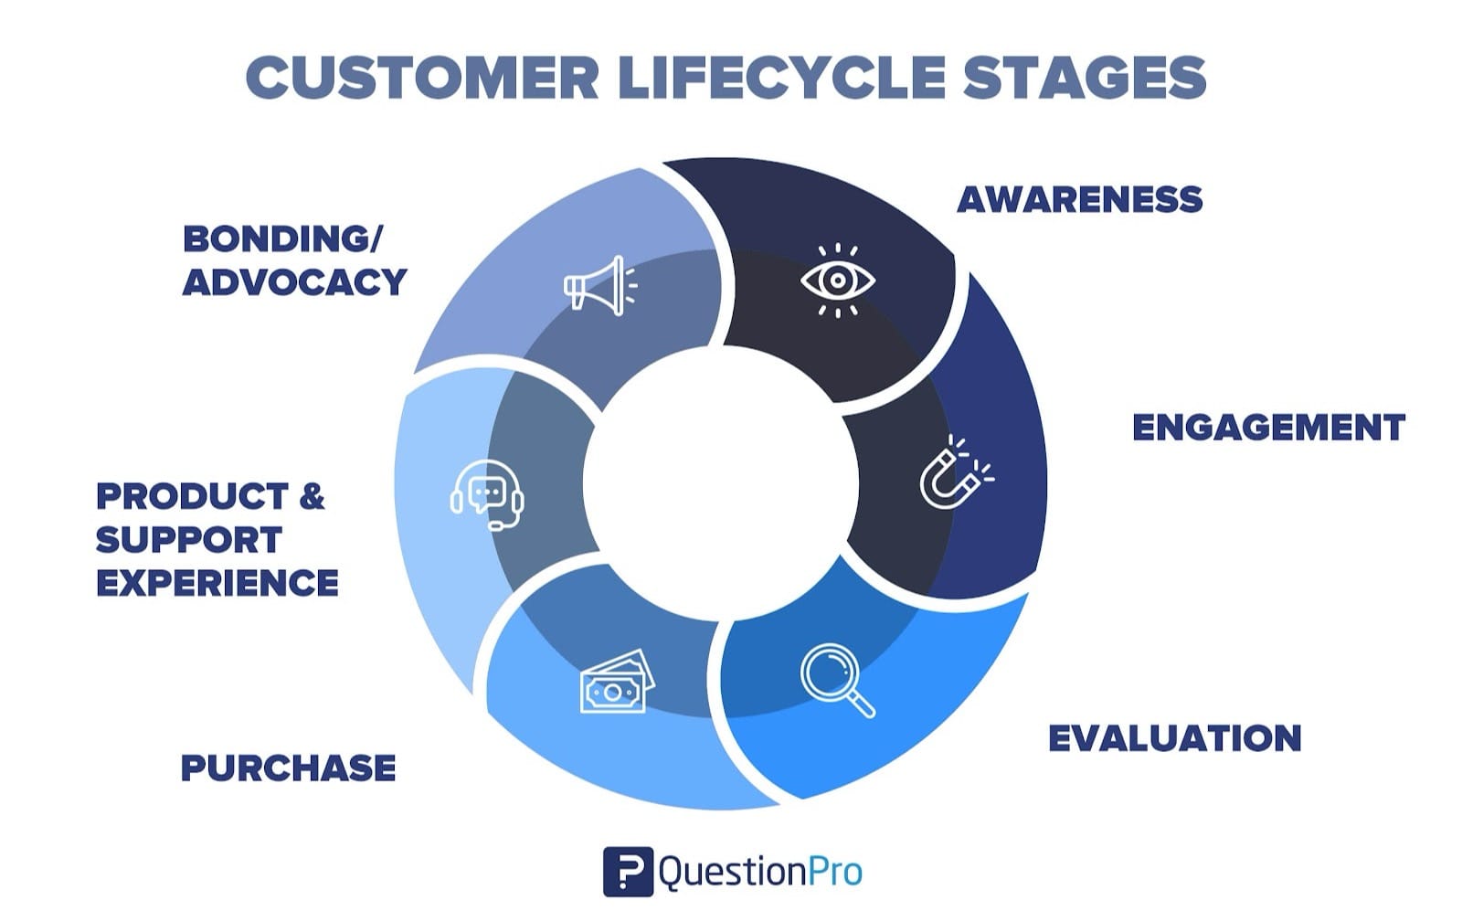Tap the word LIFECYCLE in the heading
point(781,78)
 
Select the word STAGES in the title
point(1085,78)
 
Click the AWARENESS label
point(1079,199)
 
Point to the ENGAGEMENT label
point(1268,428)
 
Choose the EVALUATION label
point(1174,738)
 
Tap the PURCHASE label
point(288,768)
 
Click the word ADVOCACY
point(294,281)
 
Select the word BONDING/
point(282,239)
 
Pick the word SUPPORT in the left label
point(188,540)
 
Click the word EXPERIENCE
point(217,583)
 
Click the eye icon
point(838,280)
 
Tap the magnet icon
point(954,472)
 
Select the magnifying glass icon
point(836,680)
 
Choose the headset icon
point(487,494)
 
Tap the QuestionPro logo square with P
point(628,871)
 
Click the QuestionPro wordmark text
point(759,872)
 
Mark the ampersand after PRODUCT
point(312,497)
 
